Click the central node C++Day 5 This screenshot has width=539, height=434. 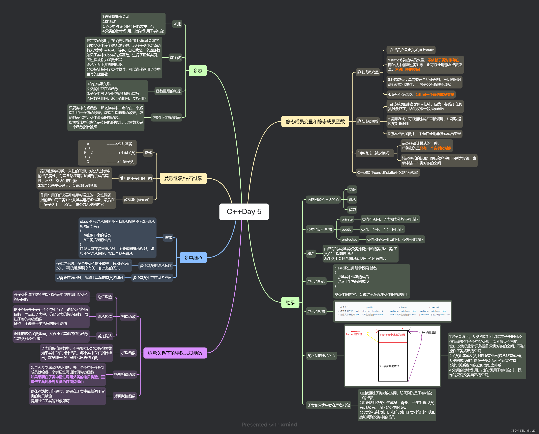[244, 212]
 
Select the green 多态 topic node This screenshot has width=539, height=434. [198, 71]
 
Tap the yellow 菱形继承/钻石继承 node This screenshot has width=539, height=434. [183, 178]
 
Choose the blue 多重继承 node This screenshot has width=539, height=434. [193, 258]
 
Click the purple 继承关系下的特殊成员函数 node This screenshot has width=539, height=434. [175, 353]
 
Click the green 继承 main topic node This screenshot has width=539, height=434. [290, 303]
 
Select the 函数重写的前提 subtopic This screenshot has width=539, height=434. [168, 91]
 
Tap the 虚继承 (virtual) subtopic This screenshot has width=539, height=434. [137, 200]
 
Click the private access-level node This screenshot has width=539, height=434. [347, 220]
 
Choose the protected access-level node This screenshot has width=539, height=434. [349, 239]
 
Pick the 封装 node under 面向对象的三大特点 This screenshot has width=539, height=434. [352, 189]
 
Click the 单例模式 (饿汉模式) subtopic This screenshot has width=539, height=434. [374, 153]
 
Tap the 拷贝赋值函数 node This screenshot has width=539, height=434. [125, 396]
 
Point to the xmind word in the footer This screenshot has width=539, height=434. [289, 425]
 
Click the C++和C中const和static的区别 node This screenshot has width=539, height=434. [388, 172]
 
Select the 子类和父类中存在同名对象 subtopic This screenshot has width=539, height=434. [329, 405]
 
